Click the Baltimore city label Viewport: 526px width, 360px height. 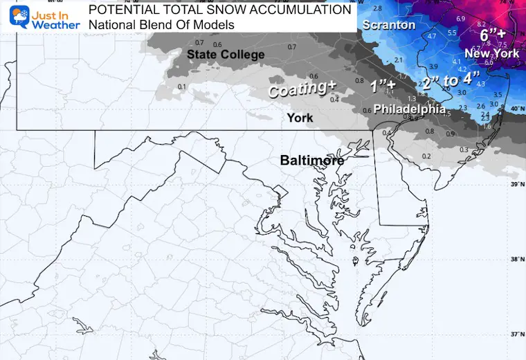[312, 160]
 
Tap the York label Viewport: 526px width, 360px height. [300, 118]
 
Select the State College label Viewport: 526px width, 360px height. [226, 55]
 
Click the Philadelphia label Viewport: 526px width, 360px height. [410, 109]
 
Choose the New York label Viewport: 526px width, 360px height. [492, 53]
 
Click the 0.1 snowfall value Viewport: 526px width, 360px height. [182, 87]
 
